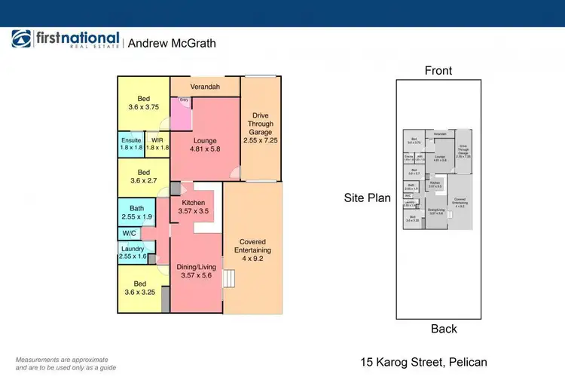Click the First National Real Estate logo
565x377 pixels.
pyautogui.click(x=65, y=41)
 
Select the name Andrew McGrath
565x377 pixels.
pyautogui.click(x=172, y=44)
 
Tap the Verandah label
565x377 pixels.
pyautogui.click(x=204, y=87)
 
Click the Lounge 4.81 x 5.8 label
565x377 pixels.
pyautogui.click(x=204, y=145)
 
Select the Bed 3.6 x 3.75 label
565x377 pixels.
pyautogui.click(x=143, y=103)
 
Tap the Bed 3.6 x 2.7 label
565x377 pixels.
pyautogui.click(x=143, y=176)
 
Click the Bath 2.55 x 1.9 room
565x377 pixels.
pyautogui.click(x=137, y=212)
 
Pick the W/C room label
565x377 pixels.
pyautogui.click(x=130, y=234)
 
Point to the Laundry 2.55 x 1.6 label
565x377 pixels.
pyautogui.click(x=133, y=253)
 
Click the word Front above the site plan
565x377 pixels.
pyautogui.click(x=438, y=71)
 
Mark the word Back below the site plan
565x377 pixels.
pyautogui.click(x=444, y=329)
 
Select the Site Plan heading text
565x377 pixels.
pyautogui.click(x=367, y=199)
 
